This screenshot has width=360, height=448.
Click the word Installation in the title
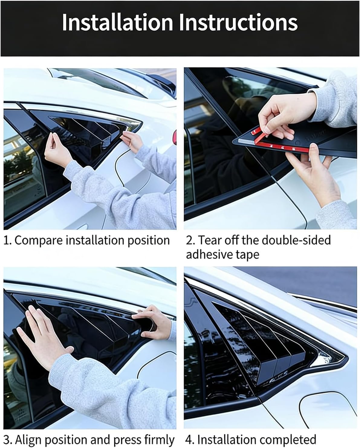coord(117,23)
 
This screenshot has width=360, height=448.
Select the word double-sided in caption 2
coord(296,240)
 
